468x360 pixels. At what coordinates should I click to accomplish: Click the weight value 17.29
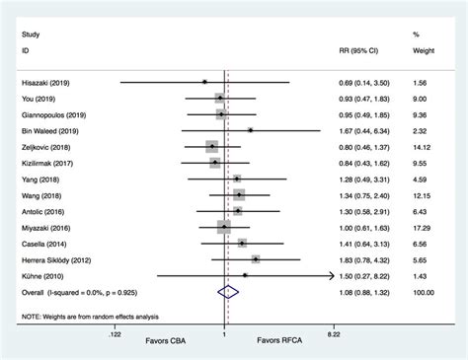(x=425, y=226)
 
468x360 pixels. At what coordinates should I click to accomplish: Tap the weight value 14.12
(x=425, y=146)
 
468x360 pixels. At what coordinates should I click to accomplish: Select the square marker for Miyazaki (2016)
(x=225, y=226)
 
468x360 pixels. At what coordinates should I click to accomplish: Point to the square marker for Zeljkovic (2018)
(x=211, y=146)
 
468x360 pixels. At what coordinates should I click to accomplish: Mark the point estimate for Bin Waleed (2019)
(x=251, y=129)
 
